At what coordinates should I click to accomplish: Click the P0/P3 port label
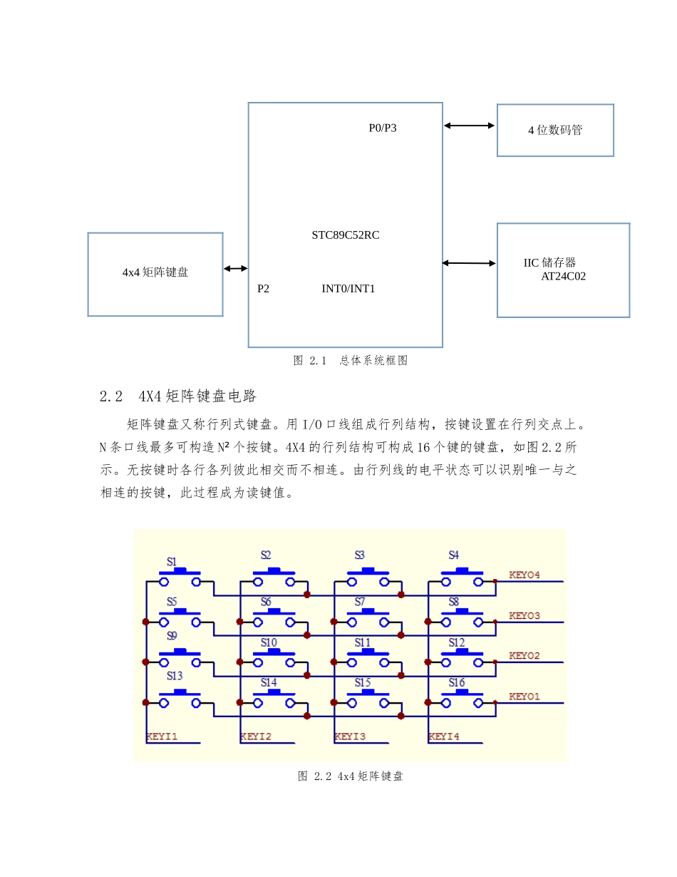click(x=382, y=128)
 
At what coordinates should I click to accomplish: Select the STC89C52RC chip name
click(x=345, y=235)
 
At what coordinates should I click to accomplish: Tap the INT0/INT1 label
click(x=348, y=289)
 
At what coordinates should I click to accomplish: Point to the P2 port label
click(x=263, y=289)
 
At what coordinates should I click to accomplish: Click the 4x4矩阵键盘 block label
click(x=155, y=272)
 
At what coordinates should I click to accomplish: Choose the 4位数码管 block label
click(x=554, y=130)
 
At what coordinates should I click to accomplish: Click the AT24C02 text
click(x=563, y=277)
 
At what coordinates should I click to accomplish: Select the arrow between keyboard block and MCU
click(x=235, y=269)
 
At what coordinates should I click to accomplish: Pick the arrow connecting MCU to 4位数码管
click(x=469, y=125)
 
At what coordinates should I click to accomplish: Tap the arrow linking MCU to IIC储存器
click(x=469, y=263)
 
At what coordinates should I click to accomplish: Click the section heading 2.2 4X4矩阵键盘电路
click(x=178, y=396)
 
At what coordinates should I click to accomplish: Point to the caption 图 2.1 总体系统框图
click(x=350, y=361)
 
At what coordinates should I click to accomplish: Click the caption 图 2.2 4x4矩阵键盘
click(x=350, y=776)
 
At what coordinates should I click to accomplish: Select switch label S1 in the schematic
click(x=172, y=562)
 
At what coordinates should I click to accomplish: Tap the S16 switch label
click(x=456, y=683)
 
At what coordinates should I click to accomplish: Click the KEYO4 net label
click(x=524, y=575)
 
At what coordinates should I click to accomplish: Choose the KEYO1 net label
click(x=524, y=697)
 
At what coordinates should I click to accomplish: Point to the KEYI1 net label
click(x=162, y=737)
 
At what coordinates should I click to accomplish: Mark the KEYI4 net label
click(x=443, y=737)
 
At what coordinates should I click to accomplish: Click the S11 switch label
click(x=363, y=642)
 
